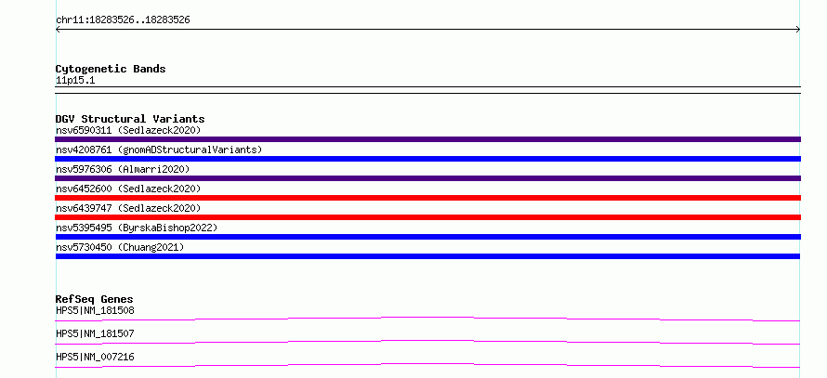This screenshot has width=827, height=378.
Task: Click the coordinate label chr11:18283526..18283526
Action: (123, 20)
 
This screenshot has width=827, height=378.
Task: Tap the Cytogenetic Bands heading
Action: (111, 69)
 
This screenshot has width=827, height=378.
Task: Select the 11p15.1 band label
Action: (75, 81)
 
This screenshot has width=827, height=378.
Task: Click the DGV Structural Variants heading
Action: (130, 119)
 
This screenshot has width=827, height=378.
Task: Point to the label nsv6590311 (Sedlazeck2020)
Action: (128, 130)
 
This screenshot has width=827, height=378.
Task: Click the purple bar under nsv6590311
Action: (427, 139)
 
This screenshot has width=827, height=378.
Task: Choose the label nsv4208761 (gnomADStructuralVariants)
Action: (159, 150)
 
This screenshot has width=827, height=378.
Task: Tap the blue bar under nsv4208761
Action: (427, 159)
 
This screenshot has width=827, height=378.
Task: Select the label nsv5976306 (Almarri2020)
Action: (123, 169)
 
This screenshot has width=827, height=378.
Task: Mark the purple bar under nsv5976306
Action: (427, 178)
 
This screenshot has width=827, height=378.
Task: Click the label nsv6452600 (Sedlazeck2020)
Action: (128, 189)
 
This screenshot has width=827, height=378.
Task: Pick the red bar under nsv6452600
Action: (427, 198)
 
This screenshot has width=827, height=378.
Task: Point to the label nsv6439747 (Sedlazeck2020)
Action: (128, 208)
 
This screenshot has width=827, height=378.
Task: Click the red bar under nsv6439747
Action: (427, 217)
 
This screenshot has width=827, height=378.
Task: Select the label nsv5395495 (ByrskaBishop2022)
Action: (137, 228)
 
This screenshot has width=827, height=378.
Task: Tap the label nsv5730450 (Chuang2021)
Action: (120, 247)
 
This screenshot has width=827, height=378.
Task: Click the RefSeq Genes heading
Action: (95, 299)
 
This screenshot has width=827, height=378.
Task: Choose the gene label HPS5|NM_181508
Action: (95, 311)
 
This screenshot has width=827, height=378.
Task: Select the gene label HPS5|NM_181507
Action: (95, 334)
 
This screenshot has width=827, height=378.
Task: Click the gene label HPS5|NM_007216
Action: (95, 358)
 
